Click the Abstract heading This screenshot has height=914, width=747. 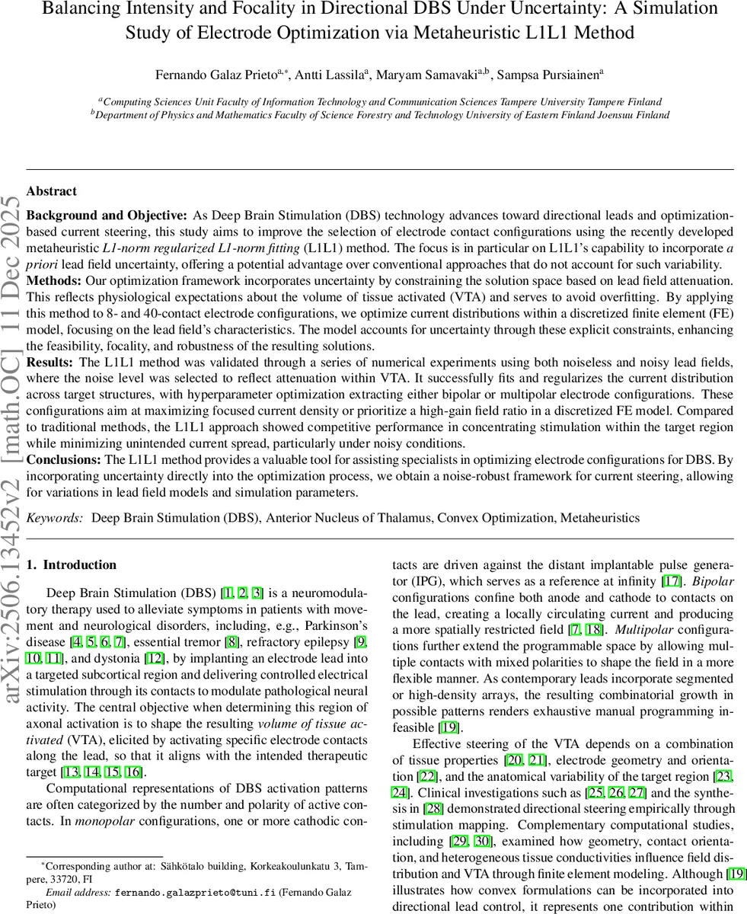click(x=51, y=191)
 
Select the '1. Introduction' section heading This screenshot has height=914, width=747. click(x=72, y=564)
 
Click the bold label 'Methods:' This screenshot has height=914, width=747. click(x=50, y=280)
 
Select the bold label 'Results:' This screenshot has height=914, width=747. click(x=49, y=363)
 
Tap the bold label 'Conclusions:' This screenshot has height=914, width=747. click(x=63, y=459)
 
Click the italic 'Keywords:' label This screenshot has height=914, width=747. click(x=54, y=518)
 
